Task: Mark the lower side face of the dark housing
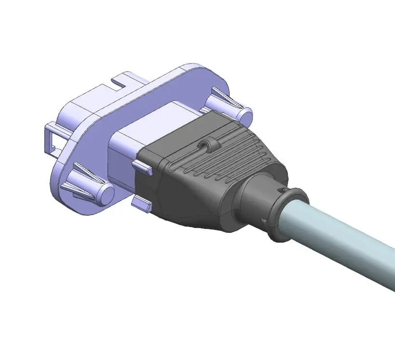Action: (193, 212)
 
